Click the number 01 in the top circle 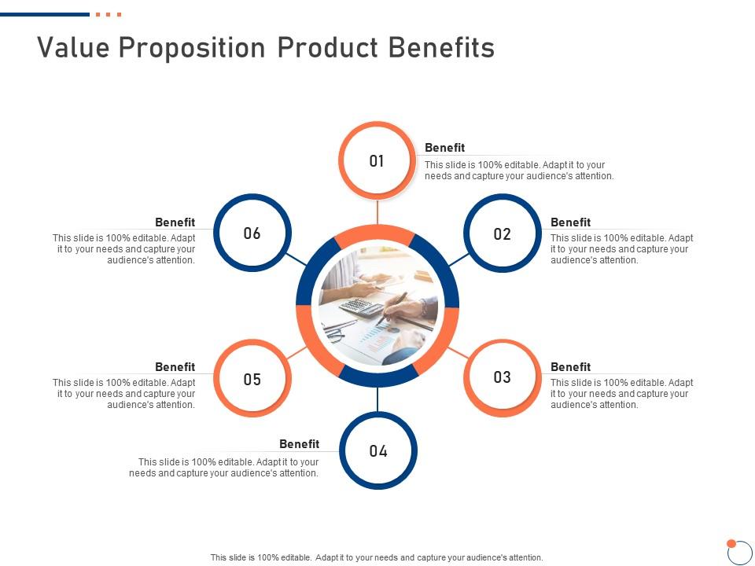point(377,160)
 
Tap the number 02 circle point(503,234)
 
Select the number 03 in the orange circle point(503,377)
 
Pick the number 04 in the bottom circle point(378,451)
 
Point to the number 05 point(252,379)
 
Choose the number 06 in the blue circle point(252,233)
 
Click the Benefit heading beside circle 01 point(444,148)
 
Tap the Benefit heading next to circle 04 point(299,443)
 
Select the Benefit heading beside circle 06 point(175,222)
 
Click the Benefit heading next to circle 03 point(570,367)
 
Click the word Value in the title point(73,48)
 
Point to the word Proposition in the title point(192,49)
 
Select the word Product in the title point(327,48)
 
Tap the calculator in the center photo point(362,307)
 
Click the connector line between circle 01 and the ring point(377,212)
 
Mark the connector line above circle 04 point(377,399)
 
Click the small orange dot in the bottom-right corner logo point(731,543)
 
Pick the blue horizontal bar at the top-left point(45,14)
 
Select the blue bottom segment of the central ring point(378,377)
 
